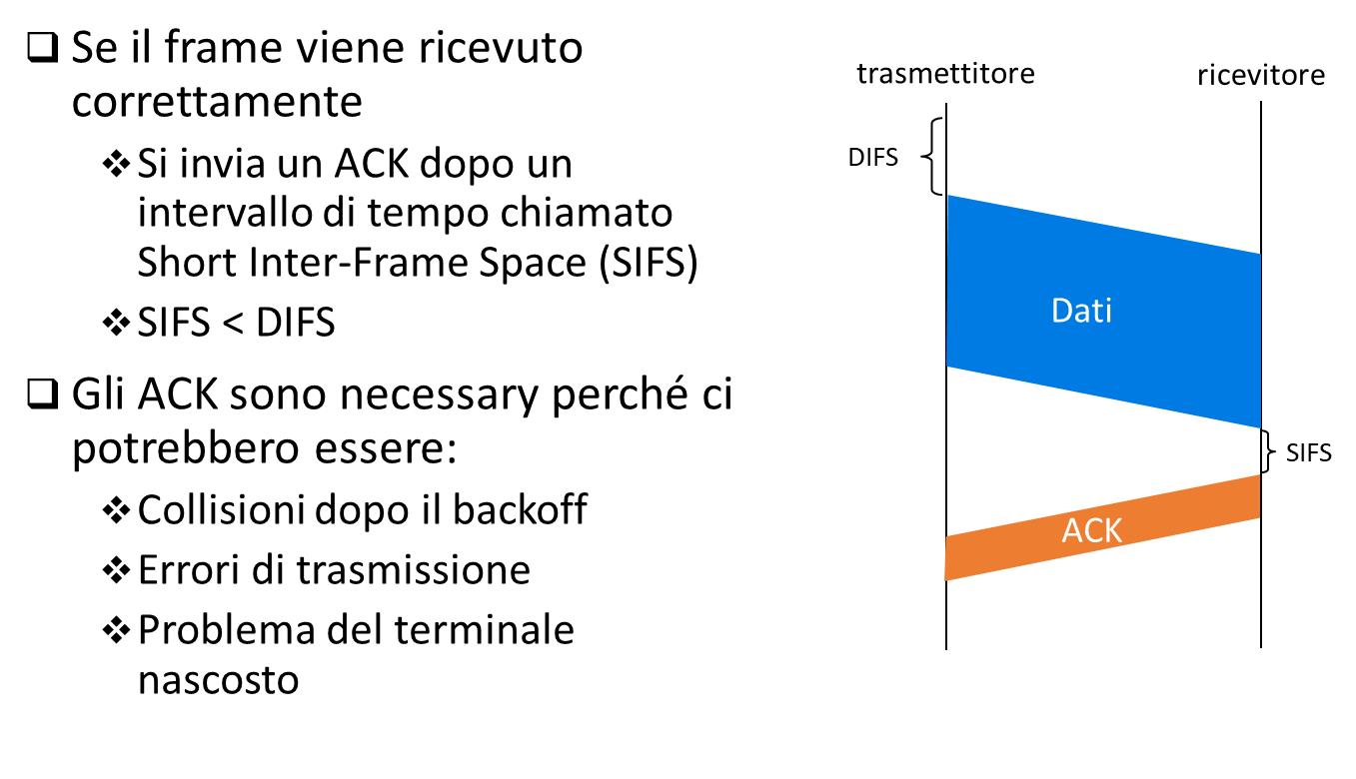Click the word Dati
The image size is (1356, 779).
(1081, 311)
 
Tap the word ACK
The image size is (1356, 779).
(1091, 530)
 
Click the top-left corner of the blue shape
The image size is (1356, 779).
(948, 196)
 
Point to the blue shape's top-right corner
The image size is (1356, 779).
(1260, 255)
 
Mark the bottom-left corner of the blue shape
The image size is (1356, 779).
(947, 366)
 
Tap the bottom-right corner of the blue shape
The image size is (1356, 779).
(1260, 427)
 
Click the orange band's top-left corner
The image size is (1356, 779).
(946, 537)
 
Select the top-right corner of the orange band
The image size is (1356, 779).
(1259, 475)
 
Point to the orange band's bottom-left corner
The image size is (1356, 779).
(945, 580)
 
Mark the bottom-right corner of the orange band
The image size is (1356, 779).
(1259, 517)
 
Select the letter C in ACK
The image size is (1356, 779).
(1092, 530)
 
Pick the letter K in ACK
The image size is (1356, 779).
(1113, 530)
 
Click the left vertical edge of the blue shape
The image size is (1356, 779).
(947, 281)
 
